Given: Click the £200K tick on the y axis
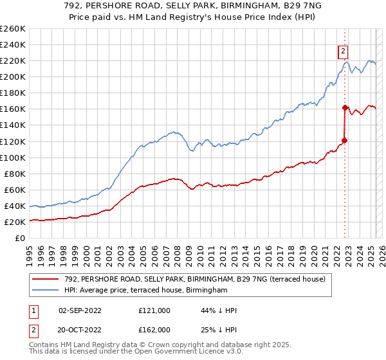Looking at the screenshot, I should pos(13,76).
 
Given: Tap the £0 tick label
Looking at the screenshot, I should pos(21,238).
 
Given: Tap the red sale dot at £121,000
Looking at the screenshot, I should pos(344,140).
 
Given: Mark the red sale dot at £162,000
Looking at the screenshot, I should pos(345,107).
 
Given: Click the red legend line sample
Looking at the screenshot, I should pos(46,279).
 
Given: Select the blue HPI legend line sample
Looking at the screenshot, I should pos(46,291).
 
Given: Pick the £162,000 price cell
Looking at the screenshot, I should pos(154,329).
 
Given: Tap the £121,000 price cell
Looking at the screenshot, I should pos(154,310).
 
